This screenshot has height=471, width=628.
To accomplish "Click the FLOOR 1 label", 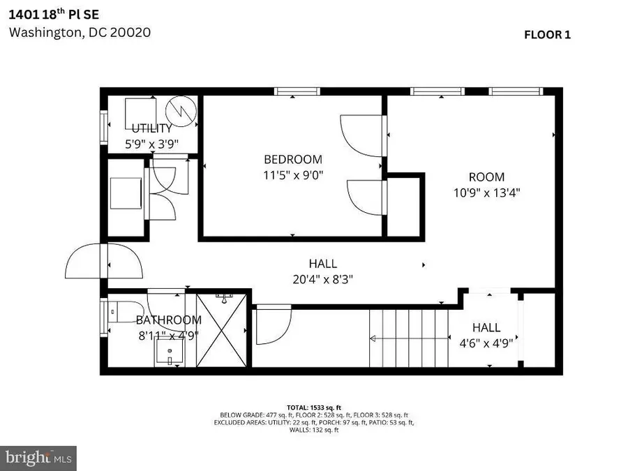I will [x=547, y=35].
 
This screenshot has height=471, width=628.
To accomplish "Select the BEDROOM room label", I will [x=292, y=159].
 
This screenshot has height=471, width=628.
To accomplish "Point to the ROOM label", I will [x=486, y=177].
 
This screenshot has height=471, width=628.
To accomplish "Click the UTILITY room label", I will [x=151, y=128].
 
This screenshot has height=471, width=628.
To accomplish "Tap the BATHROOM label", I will [x=168, y=320].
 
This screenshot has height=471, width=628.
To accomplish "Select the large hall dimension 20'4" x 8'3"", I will [x=322, y=280].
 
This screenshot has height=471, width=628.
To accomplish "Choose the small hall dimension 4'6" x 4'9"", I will [x=486, y=343].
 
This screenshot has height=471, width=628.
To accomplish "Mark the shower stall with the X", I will [x=223, y=329].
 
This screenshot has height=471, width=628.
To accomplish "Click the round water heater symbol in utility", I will [x=181, y=110].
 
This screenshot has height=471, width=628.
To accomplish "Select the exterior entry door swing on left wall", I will [x=84, y=266].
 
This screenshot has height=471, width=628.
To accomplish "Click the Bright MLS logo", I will [x=39, y=458].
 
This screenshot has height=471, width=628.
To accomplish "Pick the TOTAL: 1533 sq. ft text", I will [x=313, y=407].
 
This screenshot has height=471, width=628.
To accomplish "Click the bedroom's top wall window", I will [x=297, y=91].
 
